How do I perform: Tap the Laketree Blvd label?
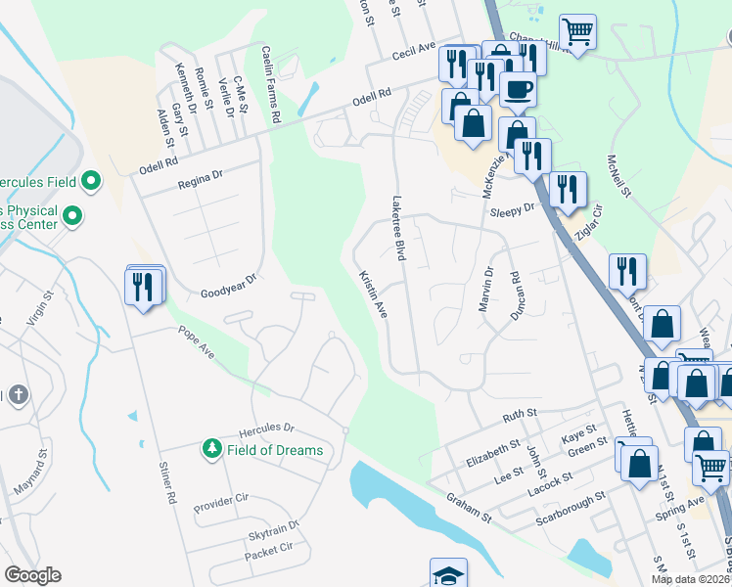(399, 227)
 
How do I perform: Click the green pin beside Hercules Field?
(91, 181)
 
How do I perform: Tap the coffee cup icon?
(518, 89)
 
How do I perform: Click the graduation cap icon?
(449, 574)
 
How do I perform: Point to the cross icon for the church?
(17, 395)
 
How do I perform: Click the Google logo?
(32, 575)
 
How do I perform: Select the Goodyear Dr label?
(227, 285)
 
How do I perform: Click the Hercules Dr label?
(267, 429)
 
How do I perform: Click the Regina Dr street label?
(201, 177)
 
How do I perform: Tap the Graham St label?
(468, 508)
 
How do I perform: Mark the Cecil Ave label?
(413, 54)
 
